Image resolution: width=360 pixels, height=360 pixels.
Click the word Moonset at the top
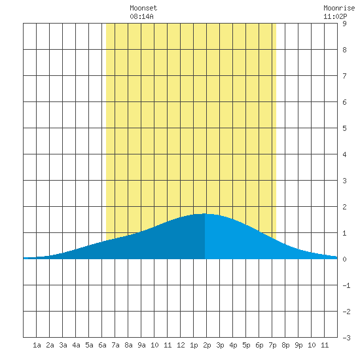(143, 8)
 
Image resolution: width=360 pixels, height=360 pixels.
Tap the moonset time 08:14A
(141, 16)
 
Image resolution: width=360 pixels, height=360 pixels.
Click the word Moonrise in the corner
(339, 8)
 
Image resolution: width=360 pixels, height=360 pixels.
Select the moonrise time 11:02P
(335, 16)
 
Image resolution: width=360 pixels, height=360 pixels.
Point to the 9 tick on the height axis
(344, 24)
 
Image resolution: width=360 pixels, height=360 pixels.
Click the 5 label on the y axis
(344, 128)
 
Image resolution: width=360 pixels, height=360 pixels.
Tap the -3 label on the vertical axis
(346, 338)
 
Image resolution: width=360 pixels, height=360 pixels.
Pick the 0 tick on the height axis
(344, 259)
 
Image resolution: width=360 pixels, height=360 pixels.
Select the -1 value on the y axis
(346, 285)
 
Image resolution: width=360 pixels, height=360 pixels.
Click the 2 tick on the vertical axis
(344, 207)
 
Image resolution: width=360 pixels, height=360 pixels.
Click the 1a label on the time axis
(37, 345)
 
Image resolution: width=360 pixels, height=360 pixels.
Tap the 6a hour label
(102, 345)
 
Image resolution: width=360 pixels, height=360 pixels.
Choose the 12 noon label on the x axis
(181, 345)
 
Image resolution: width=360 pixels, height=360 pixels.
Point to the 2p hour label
(207, 345)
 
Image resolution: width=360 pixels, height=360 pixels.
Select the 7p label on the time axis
(272, 345)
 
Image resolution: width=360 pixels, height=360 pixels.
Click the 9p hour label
(298, 345)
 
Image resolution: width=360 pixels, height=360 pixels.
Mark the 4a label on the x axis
(76, 345)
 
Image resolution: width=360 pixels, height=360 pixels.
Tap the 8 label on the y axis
(344, 50)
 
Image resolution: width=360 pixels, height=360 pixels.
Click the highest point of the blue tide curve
(205, 214)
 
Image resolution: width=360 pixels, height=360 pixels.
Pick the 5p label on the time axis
(246, 345)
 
